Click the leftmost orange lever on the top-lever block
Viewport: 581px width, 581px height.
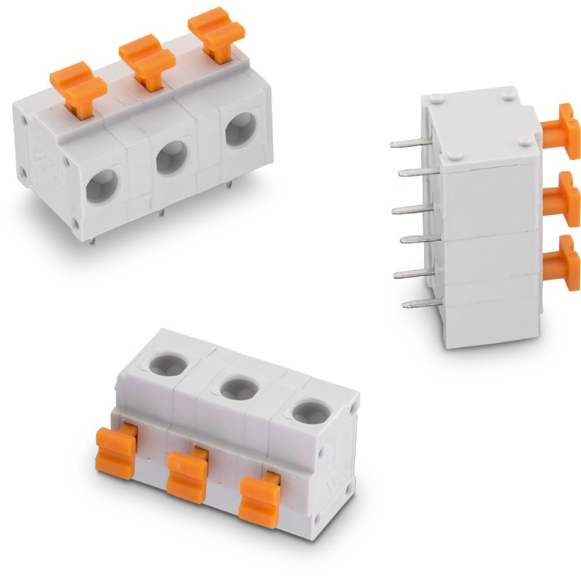[x=78, y=86]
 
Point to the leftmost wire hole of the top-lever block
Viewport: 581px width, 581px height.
[x=102, y=184]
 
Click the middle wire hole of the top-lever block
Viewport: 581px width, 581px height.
[x=172, y=156]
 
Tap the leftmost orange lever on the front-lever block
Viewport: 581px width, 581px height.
[x=116, y=452]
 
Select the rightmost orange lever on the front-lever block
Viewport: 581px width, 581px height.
[x=260, y=500]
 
